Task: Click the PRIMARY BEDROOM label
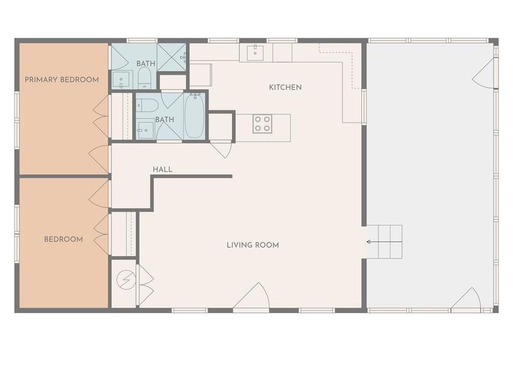tap(62, 80)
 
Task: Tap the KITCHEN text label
tap(285, 87)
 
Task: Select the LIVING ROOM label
tap(253, 245)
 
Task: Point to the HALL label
tap(162, 170)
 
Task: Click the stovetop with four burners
tap(262, 123)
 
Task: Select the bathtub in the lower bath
tap(194, 115)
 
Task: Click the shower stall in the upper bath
tap(172, 57)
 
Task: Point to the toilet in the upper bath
tap(144, 78)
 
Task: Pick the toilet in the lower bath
tap(148, 105)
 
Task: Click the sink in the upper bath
tap(121, 80)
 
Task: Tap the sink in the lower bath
tap(145, 130)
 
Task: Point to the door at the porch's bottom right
tap(467, 299)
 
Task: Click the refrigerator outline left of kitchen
tap(200, 75)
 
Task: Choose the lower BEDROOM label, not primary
tap(63, 240)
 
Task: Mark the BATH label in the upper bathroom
tap(145, 63)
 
